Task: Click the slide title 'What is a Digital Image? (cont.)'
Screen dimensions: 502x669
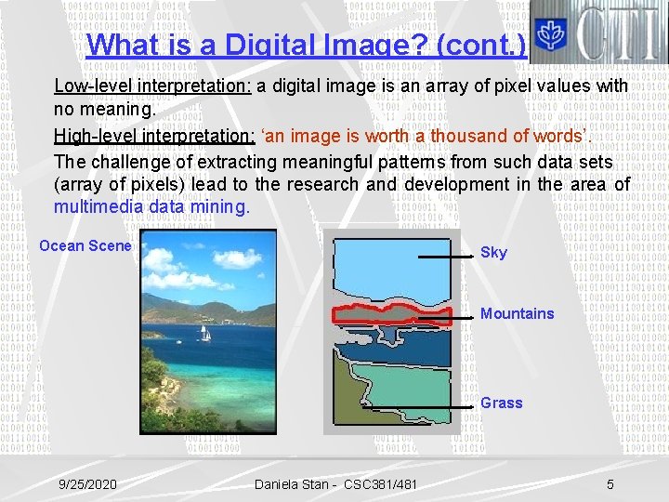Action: click(306, 45)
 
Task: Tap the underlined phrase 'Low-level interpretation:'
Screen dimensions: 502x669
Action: click(153, 86)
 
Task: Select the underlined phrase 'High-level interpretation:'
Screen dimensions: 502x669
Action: click(154, 136)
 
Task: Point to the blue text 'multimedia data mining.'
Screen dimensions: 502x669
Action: click(151, 207)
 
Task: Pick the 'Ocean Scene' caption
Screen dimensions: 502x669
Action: click(85, 245)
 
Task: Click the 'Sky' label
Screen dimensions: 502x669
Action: click(493, 253)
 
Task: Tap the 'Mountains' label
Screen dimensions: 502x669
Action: click(517, 314)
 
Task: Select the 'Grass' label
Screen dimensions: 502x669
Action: click(501, 403)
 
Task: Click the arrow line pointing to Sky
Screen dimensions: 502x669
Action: click(448, 254)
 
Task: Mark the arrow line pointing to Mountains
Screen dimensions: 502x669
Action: click(446, 317)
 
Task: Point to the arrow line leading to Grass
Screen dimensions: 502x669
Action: click(418, 405)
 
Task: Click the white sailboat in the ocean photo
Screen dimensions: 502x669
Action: click(203, 334)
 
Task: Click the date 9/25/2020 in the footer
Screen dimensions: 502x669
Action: click(88, 484)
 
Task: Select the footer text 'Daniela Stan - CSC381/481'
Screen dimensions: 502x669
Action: click(335, 484)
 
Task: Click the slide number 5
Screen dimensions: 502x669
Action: click(610, 484)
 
